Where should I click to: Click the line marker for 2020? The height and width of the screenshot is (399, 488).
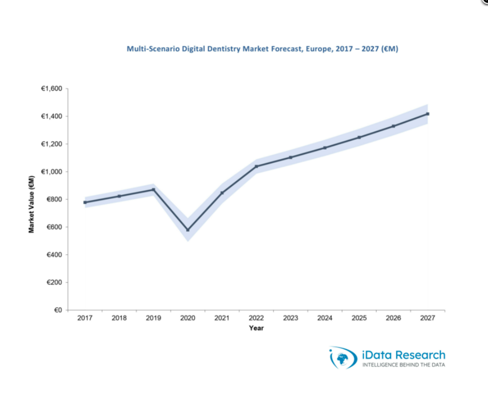pos(188,230)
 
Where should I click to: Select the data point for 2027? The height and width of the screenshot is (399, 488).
pos(428,114)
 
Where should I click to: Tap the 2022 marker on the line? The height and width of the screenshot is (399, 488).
pos(256,166)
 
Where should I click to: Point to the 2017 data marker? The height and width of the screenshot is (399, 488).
pos(85,202)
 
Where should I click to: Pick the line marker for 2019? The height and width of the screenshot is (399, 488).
pos(153,190)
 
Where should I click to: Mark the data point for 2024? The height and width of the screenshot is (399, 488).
pos(325,148)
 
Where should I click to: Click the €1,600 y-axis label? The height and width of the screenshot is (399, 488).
pos(51,89)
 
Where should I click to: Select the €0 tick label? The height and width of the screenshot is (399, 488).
pos(58,310)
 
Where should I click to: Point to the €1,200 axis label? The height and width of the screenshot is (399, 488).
pos(51,144)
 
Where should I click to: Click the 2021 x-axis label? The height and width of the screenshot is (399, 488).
pos(222,318)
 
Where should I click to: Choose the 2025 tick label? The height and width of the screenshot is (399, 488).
pos(359,318)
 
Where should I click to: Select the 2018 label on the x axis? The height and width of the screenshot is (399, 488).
pos(119,318)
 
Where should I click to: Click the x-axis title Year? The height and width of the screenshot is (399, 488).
pos(256,328)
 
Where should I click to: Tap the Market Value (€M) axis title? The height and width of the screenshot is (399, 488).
pos(31,204)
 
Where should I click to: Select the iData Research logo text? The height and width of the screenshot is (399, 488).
pos(403,355)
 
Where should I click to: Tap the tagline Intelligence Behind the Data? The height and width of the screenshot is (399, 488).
pos(403,365)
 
